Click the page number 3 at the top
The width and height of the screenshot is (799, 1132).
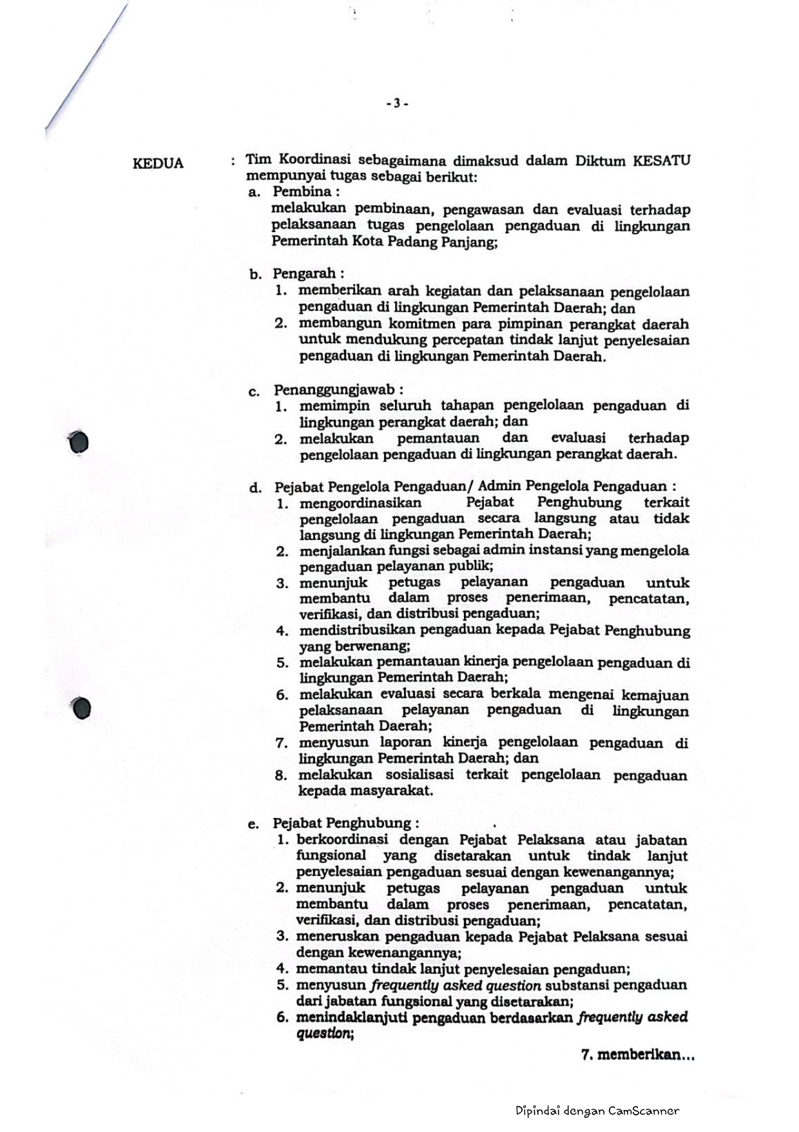[397, 103]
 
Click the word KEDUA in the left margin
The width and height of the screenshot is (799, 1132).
[158, 163]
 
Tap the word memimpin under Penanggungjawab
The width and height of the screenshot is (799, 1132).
[334, 406]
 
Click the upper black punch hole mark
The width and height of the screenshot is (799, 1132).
[79, 442]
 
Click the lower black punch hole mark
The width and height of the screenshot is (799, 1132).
[82, 708]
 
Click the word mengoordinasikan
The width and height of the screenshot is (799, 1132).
[360, 502]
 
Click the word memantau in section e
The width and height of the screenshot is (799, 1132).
[331, 969]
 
